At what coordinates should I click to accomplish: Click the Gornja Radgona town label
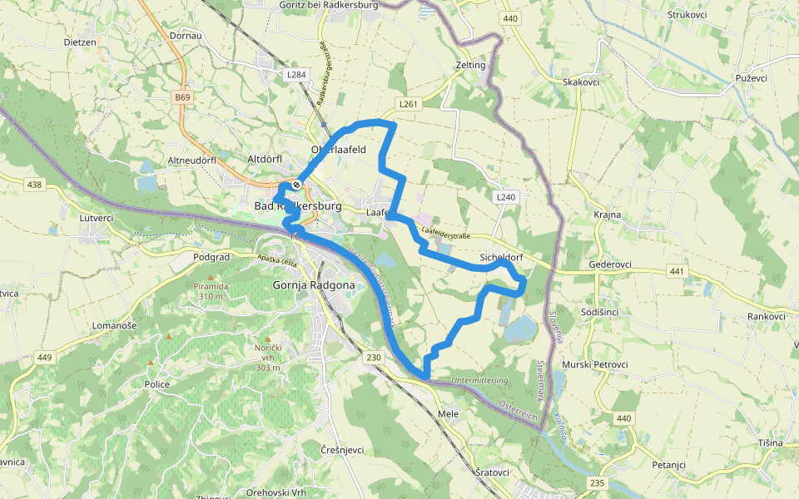(x=314, y=285)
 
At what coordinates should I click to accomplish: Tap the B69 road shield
(x=182, y=97)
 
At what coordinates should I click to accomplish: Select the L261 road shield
(x=407, y=104)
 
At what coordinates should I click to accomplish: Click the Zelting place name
(x=471, y=65)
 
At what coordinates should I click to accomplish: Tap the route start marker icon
(x=295, y=185)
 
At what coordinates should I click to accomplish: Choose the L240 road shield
(x=505, y=197)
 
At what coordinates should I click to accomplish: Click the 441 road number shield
(x=676, y=272)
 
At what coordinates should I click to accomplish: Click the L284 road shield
(x=296, y=75)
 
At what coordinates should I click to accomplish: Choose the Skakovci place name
(x=582, y=82)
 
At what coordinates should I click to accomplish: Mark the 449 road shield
(x=44, y=358)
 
